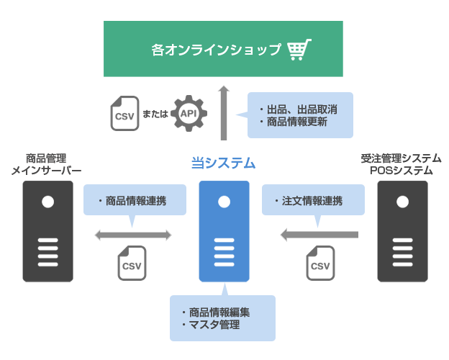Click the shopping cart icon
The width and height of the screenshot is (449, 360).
coord(299,49)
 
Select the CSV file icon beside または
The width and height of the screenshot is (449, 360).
coord(125,114)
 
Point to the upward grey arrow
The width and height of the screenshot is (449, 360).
coord(224,112)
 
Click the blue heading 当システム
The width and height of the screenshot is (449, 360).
coord(224,163)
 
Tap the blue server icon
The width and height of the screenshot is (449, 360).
coord(224,230)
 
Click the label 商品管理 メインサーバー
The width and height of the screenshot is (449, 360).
coord(47,164)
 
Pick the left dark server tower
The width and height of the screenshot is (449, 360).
coord(47,230)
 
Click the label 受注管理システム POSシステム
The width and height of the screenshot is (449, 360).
coord(401,164)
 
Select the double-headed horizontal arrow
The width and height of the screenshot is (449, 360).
coord(133,235)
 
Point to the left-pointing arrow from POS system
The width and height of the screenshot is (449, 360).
coord(319,235)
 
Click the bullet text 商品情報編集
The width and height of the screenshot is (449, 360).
coord(219,312)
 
